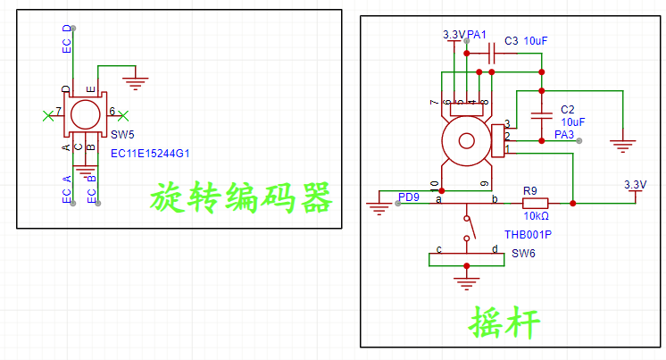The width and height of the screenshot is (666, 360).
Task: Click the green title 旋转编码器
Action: pos(240,197)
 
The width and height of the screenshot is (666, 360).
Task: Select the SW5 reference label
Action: pos(122,135)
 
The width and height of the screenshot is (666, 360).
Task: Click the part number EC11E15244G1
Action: pos(151,153)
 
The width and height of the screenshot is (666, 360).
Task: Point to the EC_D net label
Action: pos(67,40)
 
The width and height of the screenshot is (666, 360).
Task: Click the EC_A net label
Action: pos(67,189)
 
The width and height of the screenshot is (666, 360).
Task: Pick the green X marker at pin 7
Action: pos(47,114)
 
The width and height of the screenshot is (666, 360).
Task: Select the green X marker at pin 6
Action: pos(124,114)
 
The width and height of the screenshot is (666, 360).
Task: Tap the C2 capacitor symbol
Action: pos(541,114)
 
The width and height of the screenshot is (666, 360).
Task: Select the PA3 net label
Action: pos(564,135)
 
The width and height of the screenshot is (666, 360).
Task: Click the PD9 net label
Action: pos(409,197)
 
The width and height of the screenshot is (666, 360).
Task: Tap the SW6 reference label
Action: pos(523,254)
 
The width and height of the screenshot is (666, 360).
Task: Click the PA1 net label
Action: pos(477,35)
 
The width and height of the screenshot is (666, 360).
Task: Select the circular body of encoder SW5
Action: pos(86,114)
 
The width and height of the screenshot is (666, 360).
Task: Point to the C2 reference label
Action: pos(568,109)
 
